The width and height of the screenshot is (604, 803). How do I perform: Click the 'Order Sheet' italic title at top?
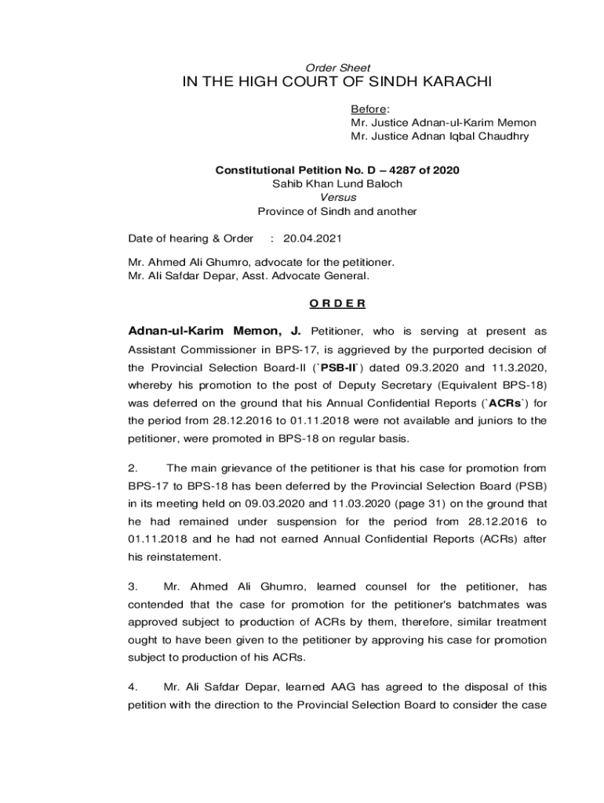click(337, 68)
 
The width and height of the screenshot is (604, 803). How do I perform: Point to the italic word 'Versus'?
click(338, 198)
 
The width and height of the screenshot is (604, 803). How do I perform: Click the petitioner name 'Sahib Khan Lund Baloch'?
click(337, 183)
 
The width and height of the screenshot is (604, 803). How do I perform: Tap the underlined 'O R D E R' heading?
click(337, 303)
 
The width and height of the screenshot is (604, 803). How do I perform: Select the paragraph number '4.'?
click(133, 688)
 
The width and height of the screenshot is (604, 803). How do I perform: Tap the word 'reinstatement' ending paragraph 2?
click(182, 557)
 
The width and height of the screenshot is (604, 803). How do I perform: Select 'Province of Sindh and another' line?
click(337, 212)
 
